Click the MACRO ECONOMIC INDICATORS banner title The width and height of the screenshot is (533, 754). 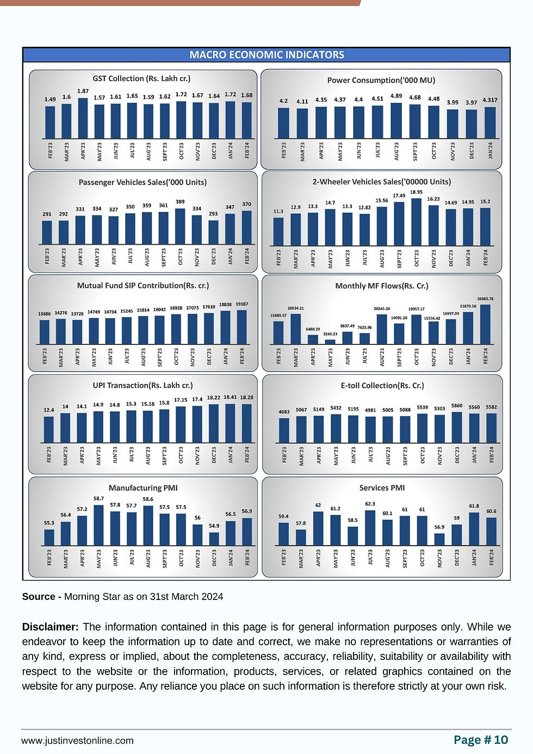(x=266, y=55)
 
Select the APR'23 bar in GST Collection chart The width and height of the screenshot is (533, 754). (x=83, y=118)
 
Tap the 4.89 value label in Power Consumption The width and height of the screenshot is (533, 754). (x=396, y=96)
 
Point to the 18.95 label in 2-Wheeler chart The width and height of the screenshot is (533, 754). (x=416, y=192)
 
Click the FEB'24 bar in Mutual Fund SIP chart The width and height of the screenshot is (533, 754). (x=241, y=327)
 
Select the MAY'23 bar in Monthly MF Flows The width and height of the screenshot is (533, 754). (x=330, y=342)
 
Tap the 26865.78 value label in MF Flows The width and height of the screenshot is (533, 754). (x=485, y=299)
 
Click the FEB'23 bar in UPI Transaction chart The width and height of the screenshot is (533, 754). (x=49, y=430)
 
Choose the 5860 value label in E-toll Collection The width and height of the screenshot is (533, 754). (x=457, y=406)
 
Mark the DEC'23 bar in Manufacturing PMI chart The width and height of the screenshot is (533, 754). (x=214, y=539)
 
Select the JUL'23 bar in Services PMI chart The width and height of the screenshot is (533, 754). (x=370, y=528)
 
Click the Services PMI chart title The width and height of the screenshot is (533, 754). (x=382, y=488)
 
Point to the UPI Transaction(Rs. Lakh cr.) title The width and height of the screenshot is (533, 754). (x=142, y=385)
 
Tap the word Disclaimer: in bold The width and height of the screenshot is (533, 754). (x=51, y=627)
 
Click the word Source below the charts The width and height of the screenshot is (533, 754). (x=38, y=597)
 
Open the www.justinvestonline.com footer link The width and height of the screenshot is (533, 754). (x=77, y=740)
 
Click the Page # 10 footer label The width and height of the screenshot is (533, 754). (x=481, y=740)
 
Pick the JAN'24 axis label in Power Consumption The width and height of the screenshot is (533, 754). (x=490, y=150)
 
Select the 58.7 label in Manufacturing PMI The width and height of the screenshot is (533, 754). (x=98, y=498)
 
